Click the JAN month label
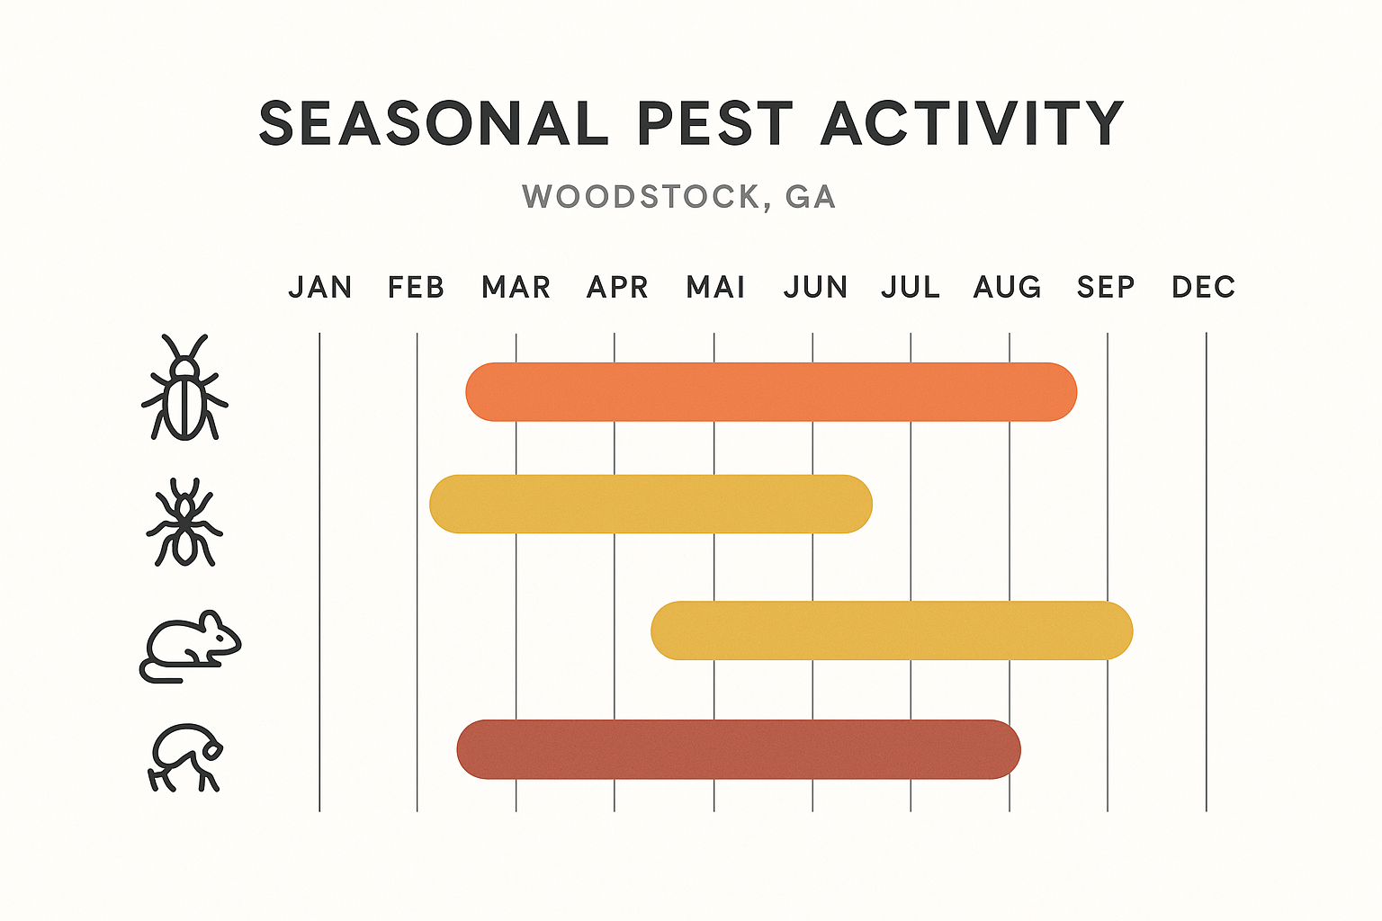pos(319,287)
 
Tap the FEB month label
pos(416,287)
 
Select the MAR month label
pos(516,287)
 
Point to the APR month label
pos(617,287)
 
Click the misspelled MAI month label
pos(715,287)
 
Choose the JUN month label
pos(815,287)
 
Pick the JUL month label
pos(911,287)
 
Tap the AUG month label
pos(1007,287)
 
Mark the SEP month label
pos(1106,287)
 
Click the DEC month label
pos(1203,287)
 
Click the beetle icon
pos(184,389)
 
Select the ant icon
pos(184,523)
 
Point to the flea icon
pos(185,757)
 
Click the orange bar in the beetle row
pos(771,392)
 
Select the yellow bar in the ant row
pos(651,504)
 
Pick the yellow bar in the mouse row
pos(892,630)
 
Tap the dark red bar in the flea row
pos(739,749)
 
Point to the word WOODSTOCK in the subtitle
pos(642,196)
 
